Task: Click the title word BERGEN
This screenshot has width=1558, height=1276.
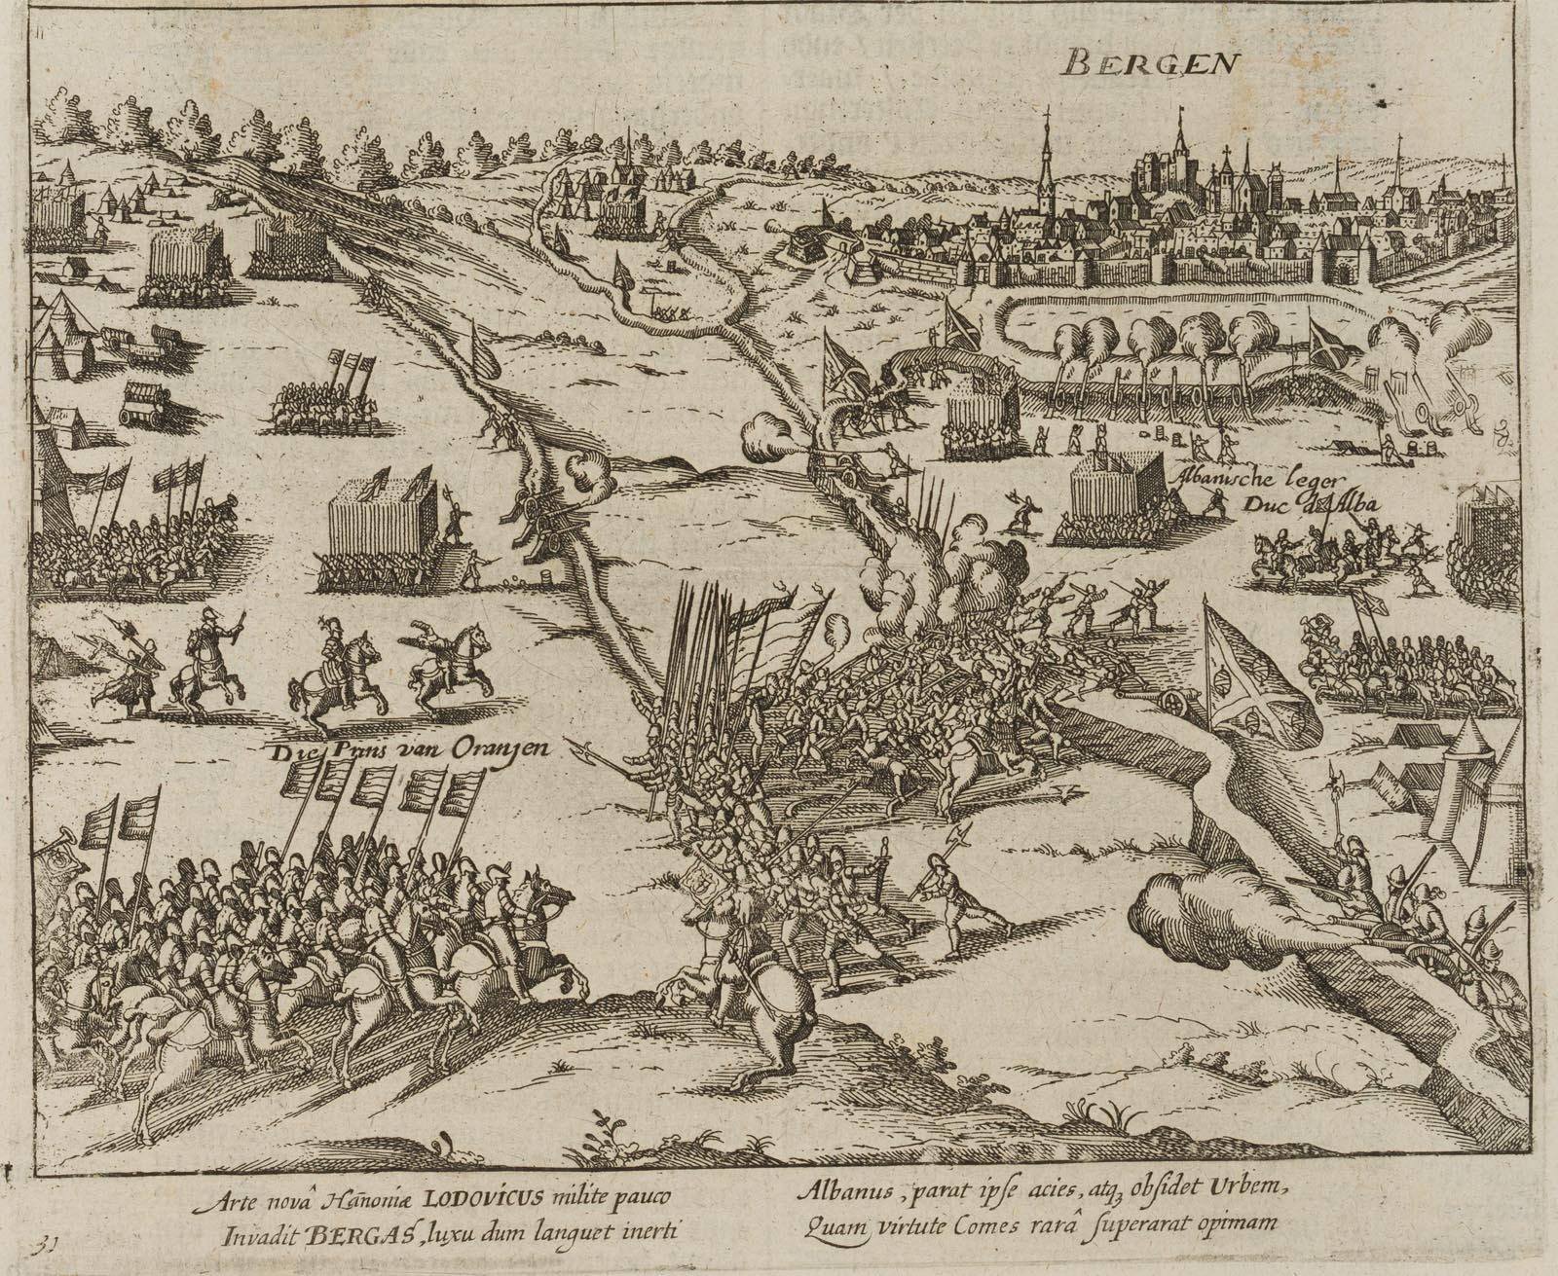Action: coord(1149,64)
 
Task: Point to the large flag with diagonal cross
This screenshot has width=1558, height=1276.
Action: coord(1256,672)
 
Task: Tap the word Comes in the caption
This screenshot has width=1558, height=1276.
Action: coord(1019,1224)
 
